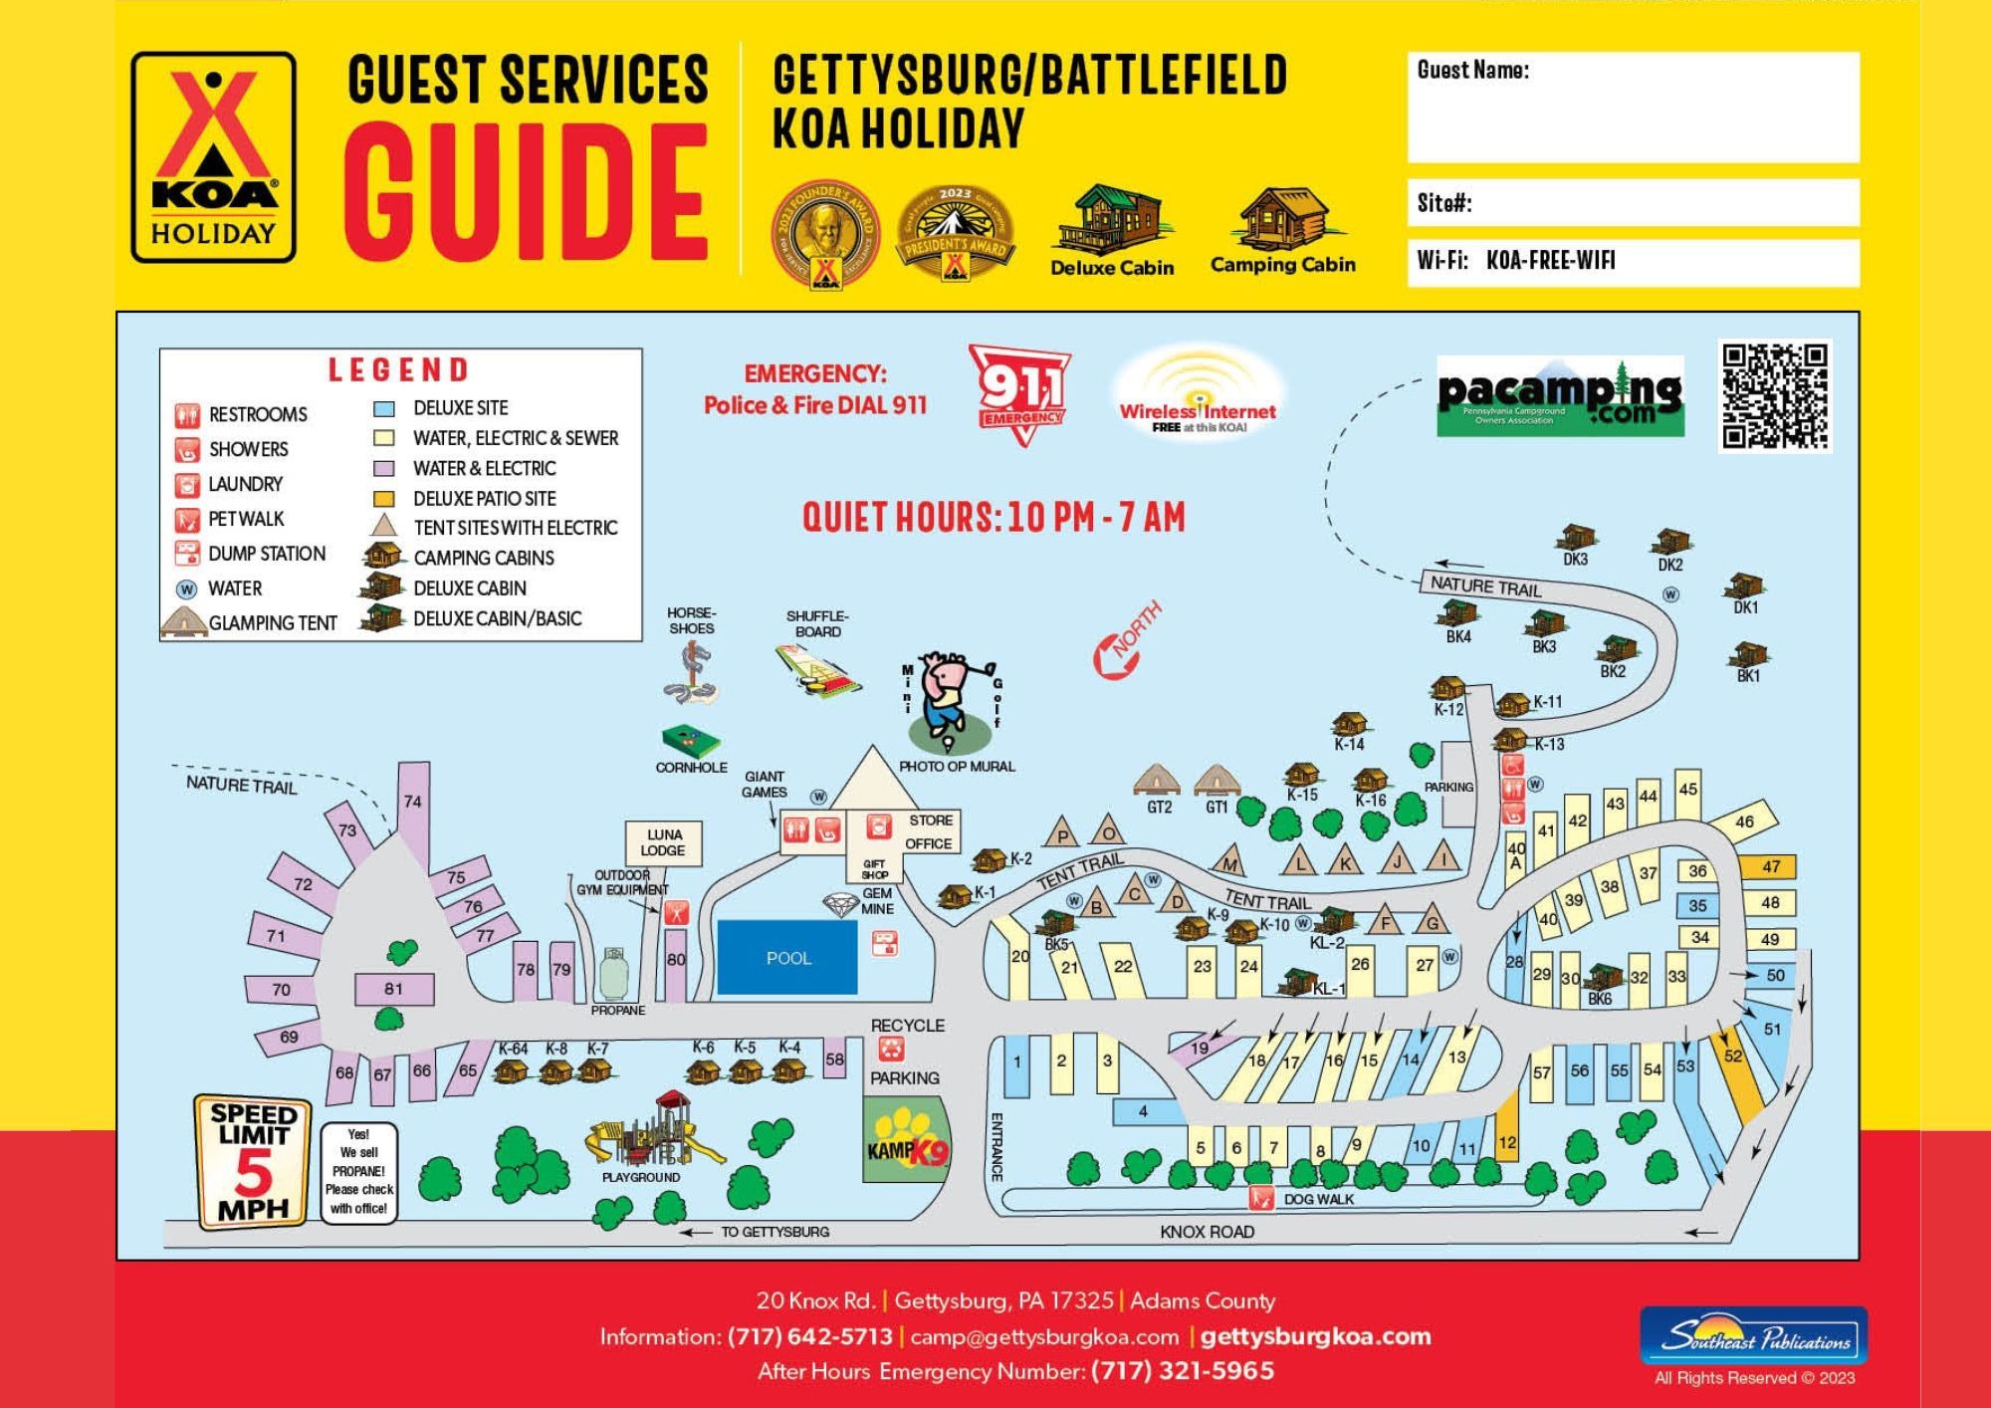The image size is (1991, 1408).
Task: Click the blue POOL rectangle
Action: click(786, 957)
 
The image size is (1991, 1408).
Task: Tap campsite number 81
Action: click(394, 989)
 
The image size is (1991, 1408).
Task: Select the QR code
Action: click(1774, 396)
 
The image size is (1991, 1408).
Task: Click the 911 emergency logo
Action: click(1019, 392)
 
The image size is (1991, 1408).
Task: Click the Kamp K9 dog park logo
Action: click(907, 1141)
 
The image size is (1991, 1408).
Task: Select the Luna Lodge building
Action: click(663, 842)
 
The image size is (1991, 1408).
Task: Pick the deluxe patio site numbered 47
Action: click(1770, 866)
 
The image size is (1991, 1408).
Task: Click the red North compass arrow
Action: click(1125, 643)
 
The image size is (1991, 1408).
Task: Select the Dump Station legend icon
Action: click(187, 554)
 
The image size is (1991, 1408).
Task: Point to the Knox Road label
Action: click(1207, 1232)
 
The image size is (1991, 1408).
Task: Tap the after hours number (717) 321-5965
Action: click(1182, 1371)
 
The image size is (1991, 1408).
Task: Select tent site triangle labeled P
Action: click(1063, 833)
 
